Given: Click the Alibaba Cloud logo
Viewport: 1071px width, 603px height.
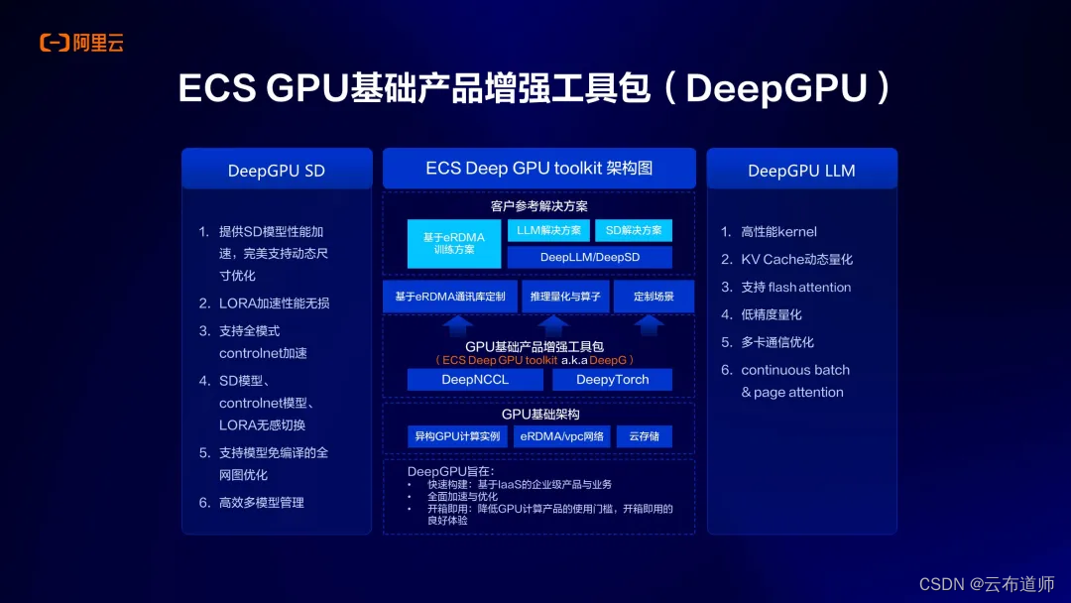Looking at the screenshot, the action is pos(81,43).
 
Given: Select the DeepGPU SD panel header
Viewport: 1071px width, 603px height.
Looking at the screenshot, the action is pos(277,170).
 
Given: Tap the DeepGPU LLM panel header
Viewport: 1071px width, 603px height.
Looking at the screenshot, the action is pos(801,170).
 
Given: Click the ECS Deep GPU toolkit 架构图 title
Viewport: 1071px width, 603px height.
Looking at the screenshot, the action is pos(538,168).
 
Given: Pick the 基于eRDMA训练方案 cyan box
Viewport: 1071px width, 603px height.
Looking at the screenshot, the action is pos(454,243).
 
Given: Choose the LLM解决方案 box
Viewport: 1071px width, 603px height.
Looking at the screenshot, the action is pos(548,230).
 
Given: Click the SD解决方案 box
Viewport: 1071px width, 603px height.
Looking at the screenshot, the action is pos(633,230).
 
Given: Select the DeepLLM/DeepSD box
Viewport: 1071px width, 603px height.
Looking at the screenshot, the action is pos(590,257).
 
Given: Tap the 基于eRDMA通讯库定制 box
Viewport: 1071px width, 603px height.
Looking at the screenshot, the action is pos(449,297).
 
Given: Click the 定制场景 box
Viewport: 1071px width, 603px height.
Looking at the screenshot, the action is pos(653,297).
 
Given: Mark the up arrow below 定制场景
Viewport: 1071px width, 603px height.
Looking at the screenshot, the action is pos(650,324).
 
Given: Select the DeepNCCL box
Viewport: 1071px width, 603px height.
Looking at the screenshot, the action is pos(475,379).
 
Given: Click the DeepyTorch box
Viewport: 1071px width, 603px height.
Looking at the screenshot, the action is pos(612,379).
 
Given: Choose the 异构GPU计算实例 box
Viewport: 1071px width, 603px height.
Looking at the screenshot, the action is pos(458,436).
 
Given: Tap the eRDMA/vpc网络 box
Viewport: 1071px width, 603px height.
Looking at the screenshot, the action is pos(561,436).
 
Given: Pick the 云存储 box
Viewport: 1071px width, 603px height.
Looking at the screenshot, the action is pos(644,436).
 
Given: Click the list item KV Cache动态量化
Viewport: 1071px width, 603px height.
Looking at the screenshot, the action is pos(796,259).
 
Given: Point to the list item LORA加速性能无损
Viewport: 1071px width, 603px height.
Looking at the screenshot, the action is pos(274,303).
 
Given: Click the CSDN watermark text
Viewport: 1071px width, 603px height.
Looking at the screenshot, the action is pos(987,584).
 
